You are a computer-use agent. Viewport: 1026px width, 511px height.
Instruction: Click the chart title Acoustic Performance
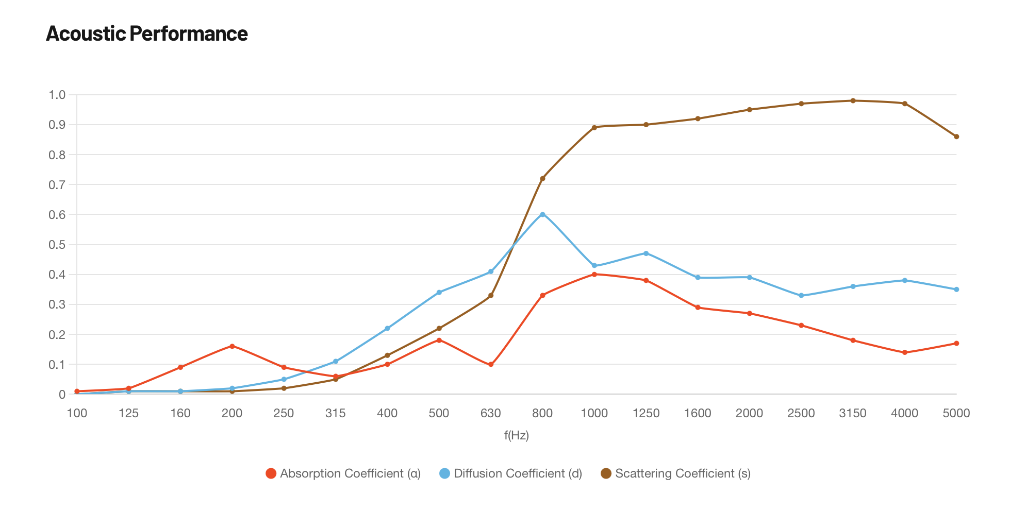click(x=147, y=34)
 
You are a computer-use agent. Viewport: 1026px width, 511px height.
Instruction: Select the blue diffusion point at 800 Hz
click(x=542, y=214)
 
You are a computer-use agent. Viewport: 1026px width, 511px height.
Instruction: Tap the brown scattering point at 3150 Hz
click(x=853, y=100)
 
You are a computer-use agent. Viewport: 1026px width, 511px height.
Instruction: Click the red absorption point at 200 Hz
click(x=232, y=346)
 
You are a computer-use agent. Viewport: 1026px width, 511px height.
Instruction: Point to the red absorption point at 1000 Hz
click(x=594, y=274)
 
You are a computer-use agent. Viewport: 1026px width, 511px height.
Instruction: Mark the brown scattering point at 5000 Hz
click(x=956, y=137)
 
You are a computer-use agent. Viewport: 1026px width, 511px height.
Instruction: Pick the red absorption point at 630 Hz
click(x=491, y=365)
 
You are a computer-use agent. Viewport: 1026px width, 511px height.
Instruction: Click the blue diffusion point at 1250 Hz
click(x=646, y=253)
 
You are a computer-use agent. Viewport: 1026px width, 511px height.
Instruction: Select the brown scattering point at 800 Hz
click(x=542, y=178)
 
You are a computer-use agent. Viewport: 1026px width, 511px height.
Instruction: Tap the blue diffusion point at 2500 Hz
click(x=801, y=296)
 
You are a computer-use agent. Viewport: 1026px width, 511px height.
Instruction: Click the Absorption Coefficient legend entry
click(x=343, y=473)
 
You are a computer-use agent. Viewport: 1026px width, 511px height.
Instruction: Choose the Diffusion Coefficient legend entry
click(x=511, y=473)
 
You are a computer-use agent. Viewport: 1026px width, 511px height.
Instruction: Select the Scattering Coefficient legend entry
click(x=676, y=473)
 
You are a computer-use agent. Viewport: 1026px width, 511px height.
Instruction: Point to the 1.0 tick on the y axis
click(x=57, y=95)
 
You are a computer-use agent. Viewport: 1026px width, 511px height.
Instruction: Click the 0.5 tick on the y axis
click(x=57, y=245)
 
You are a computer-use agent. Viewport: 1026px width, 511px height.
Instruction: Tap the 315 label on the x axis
click(x=336, y=413)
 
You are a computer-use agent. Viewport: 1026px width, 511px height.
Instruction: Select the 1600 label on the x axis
click(x=698, y=413)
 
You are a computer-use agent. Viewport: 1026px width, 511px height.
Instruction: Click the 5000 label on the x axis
click(x=956, y=413)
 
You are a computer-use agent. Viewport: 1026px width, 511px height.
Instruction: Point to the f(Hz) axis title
click(x=517, y=436)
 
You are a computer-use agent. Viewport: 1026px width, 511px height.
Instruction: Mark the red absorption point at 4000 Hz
click(x=904, y=352)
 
